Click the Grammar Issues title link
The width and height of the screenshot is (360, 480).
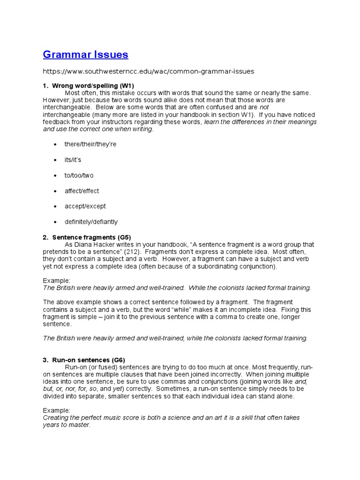coord(85,55)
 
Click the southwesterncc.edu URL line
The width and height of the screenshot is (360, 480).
coord(148,72)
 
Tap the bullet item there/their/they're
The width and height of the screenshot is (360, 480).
coord(90,144)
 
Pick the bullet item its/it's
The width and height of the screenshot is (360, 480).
coord(73,160)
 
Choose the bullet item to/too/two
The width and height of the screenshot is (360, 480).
coord(79,175)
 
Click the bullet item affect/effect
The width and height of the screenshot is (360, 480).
coord(82,191)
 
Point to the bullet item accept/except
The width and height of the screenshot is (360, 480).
coord(85,206)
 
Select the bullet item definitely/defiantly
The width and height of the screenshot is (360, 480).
coord(91,222)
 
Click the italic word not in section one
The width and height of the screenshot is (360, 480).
coord(264,107)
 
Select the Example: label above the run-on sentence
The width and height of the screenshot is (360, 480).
coord(56,410)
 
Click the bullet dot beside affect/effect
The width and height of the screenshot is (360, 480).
coord(55,191)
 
